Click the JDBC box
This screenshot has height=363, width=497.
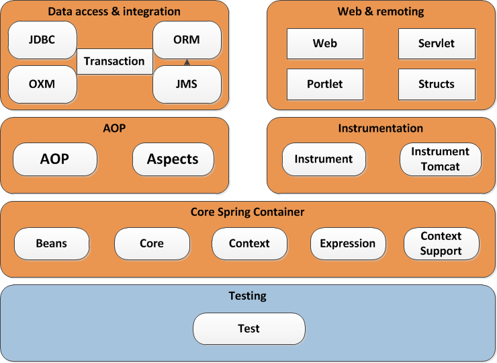pyautogui.click(x=42, y=40)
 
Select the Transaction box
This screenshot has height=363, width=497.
pyautogui.click(x=114, y=61)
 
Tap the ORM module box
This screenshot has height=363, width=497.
pyautogui.click(x=187, y=40)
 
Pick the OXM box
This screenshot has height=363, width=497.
pyautogui.click(x=42, y=85)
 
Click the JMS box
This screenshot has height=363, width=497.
pyautogui.click(x=187, y=85)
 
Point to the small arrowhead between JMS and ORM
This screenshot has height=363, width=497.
pyautogui.click(x=187, y=63)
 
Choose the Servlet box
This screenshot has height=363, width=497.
pyautogui.click(x=437, y=44)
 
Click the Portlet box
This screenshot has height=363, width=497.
pyautogui.click(x=325, y=84)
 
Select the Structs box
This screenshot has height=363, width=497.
pyautogui.click(x=437, y=84)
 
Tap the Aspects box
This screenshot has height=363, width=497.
pyautogui.click(x=173, y=159)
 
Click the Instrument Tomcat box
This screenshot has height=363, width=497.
pyautogui.click(x=441, y=159)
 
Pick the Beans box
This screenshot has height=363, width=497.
pyautogui.click(x=52, y=243)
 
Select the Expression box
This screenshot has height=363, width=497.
pyautogui.click(x=348, y=243)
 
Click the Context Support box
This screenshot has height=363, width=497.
pyautogui.click(x=441, y=243)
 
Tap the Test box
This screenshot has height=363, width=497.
pyautogui.click(x=248, y=329)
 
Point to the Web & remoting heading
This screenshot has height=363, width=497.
pyautogui.click(x=381, y=11)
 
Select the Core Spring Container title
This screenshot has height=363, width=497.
pyautogui.click(x=248, y=212)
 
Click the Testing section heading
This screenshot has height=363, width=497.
pyautogui.click(x=248, y=296)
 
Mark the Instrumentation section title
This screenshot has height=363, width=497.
pyautogui.click(x=381, y=128)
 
